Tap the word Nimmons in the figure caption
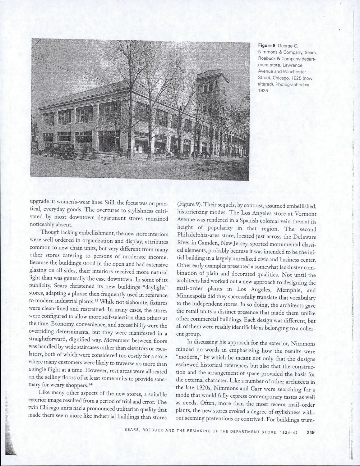269,52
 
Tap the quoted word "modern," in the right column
189,359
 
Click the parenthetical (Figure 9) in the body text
188,205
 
